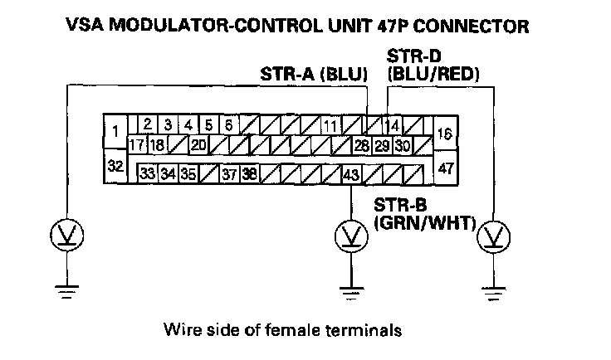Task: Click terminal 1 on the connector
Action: point(114,130)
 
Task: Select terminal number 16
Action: point(444,132)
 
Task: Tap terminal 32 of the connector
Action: point(115,165)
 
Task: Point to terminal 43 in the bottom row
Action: point(351,174)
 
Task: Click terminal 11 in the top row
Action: point(330,127)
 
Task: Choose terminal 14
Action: point(393,127)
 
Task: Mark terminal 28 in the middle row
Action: point(362,145)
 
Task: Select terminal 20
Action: point(198,144)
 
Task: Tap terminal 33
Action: point(147,174)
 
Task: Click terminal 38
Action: point(249,174)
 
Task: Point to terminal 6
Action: point(229,125)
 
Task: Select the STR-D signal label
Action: point(409,56)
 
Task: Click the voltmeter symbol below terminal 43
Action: point(351,236)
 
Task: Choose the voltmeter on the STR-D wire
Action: point(495,238)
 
